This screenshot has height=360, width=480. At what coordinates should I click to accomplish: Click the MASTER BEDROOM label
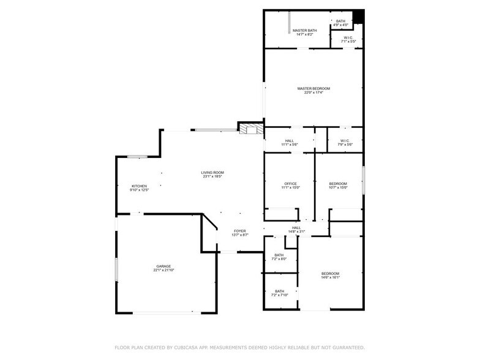coord(313,89)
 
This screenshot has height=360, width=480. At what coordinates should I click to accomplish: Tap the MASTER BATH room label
coord(304,31)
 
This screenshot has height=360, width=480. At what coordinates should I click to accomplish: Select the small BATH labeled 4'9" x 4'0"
coord(340,21)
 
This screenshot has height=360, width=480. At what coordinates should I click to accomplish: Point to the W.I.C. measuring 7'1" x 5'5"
coord(348,38)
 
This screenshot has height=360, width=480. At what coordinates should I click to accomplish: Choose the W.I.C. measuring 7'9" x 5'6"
coord(344,141)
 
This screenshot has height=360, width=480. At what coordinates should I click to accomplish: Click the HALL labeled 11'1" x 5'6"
coord(289,141)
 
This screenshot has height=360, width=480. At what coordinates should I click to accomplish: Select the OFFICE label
coord(290,184)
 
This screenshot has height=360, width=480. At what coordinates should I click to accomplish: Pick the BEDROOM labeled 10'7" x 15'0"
coord(338,184)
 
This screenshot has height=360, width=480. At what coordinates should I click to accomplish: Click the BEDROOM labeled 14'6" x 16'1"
coord(330,273)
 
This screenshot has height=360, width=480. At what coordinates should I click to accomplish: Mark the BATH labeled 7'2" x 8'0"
coord(279,255)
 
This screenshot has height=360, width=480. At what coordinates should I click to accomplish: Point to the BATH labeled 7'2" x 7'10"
coord(279,291)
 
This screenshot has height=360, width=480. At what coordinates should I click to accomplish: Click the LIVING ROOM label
coord(212,173)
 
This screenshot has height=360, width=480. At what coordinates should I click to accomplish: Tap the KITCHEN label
coord(139,186)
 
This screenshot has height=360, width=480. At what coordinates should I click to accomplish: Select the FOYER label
coord(239,231)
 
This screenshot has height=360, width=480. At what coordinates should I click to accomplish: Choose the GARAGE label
coord(163,266)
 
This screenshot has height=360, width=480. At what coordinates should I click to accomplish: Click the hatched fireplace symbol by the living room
coord(250,129)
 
